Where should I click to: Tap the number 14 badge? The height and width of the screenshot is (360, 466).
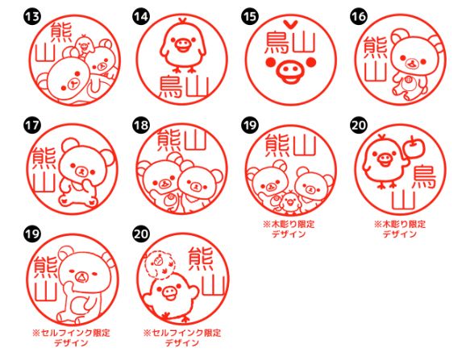141,15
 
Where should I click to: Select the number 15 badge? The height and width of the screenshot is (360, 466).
249,15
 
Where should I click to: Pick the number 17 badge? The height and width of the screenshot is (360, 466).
32,126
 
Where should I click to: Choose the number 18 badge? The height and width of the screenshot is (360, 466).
141,126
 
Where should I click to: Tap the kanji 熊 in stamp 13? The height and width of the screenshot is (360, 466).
60,34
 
